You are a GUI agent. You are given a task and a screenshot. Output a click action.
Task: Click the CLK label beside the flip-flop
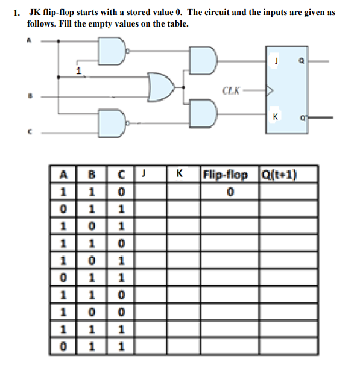(231, 92)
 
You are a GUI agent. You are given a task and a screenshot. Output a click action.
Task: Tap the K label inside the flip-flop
(275, 117)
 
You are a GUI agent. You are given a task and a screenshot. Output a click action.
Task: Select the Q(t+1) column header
(280, 175)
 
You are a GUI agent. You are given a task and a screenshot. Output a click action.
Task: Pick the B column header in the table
(92, 176)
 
